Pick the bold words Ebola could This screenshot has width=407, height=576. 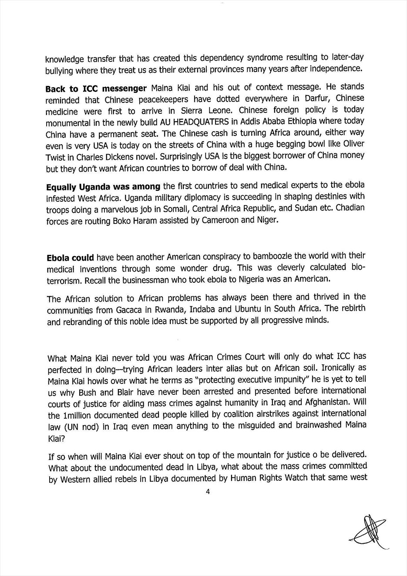[70, 258]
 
